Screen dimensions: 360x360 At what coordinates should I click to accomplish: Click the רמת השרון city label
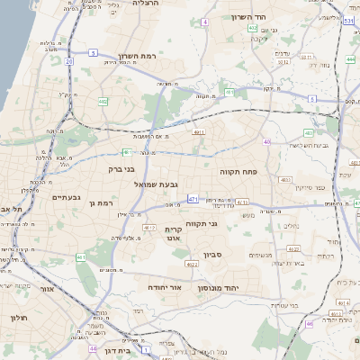click(x=137, y=56)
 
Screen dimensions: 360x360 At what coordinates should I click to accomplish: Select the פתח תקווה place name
click(x=238, y=168)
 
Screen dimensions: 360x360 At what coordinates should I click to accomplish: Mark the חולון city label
click(x=20, y=318)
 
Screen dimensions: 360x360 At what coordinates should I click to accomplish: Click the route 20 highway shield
click(x=69, y=61)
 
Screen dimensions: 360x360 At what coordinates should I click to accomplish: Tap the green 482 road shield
click(x=103, y=102)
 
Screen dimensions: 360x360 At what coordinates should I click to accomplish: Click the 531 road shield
click(x=349, y=18)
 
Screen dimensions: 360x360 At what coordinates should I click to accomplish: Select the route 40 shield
click(x=267, y=141)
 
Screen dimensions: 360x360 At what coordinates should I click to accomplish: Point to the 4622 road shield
click(x=192, y=264)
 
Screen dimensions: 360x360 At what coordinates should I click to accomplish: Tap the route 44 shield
click(x=94, y=346)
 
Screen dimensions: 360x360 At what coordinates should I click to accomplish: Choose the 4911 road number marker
click(x=199, y=132)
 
